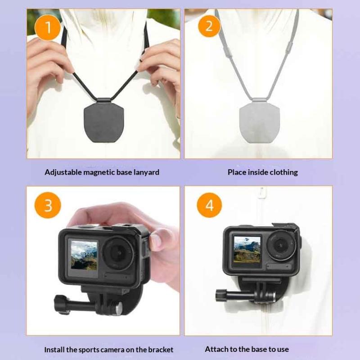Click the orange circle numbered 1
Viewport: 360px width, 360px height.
point(48,27)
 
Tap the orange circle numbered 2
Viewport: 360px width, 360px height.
point(209,26)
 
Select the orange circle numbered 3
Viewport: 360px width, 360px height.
point(48,205)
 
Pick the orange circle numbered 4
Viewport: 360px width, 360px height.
point(209,205)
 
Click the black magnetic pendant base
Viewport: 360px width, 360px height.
point(104,122)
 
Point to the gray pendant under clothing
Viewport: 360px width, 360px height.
point(260,122)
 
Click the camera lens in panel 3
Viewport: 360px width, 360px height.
point(118,253)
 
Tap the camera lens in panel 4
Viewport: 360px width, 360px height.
point(280,245)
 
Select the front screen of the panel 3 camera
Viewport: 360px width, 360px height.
point(84,254)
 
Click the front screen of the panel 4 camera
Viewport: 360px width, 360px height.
point(247,249)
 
